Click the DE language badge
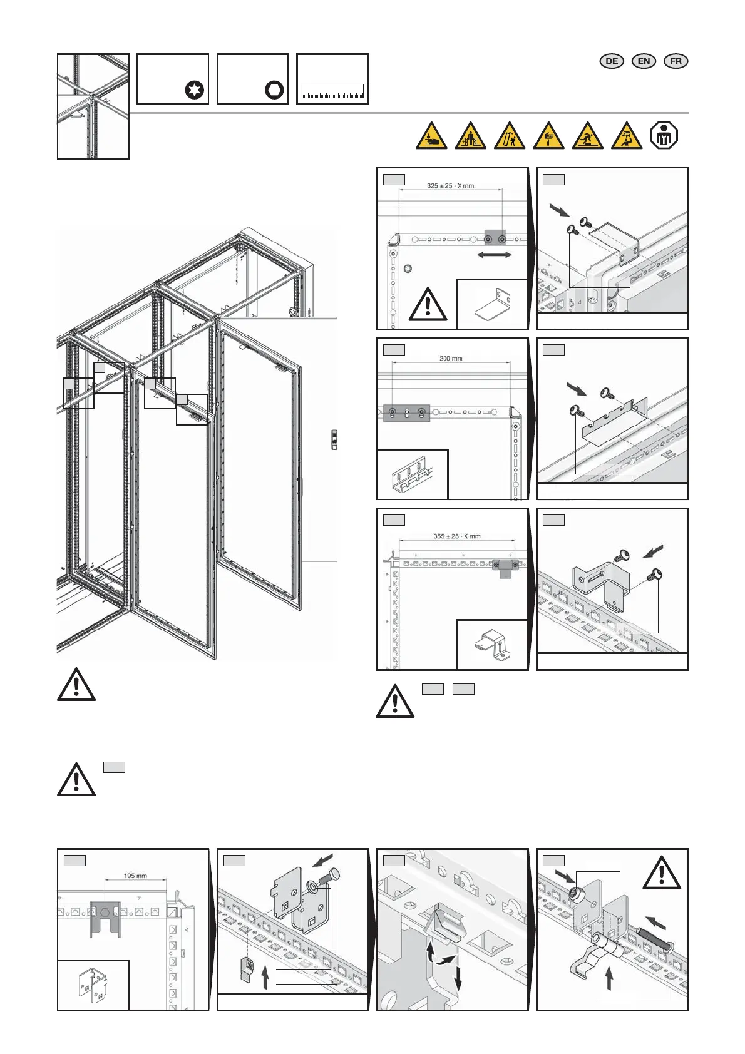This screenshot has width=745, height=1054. tap(612, 61)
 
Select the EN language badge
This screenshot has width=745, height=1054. tap(644, 61)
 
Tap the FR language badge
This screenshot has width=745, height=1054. tap(676, 61)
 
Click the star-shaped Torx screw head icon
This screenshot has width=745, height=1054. tap(195, 90)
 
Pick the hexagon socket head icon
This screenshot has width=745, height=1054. tap(274, 90)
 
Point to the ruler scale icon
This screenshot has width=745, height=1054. tap(332, 92)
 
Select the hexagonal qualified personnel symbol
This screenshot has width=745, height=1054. tap(664, 136)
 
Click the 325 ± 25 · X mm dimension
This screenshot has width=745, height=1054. tap(450, 186)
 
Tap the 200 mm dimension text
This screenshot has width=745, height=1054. tap(451, 359)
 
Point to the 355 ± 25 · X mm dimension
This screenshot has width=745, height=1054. tap(457, 536)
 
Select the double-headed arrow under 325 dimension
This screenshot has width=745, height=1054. tap(495, 255)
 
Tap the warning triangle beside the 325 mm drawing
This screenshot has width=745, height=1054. tap(428, 305)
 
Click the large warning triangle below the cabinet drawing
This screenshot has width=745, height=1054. tap(76, 685)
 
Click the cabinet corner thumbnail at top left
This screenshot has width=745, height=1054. tap(93, 106)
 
